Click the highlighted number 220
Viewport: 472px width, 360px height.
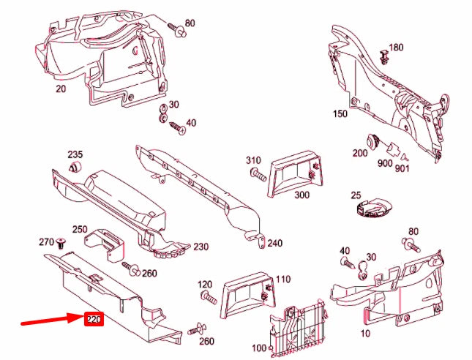[x=93, y=319]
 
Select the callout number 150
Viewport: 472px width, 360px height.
[x=340, y=113]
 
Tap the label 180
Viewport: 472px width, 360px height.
[x=396, y=48]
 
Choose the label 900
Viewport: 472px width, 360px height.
[x=385, y=163]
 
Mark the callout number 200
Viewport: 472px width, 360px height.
[x=359, y=153]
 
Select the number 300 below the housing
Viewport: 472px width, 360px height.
[x=301, y=195]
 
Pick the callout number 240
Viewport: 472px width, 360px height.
[x=274, y=243]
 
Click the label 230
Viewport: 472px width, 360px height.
[x=201, y=247]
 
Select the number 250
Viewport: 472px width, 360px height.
[x=80, y=230]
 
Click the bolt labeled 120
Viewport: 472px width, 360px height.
[x=208, y=299]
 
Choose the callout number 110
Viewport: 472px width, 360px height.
[x=282, y=279]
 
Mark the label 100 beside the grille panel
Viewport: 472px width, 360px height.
[x=259, y=347]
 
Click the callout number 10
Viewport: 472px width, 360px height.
[x=364, y=334]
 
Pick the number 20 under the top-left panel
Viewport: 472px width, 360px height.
[x=61, y=89]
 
